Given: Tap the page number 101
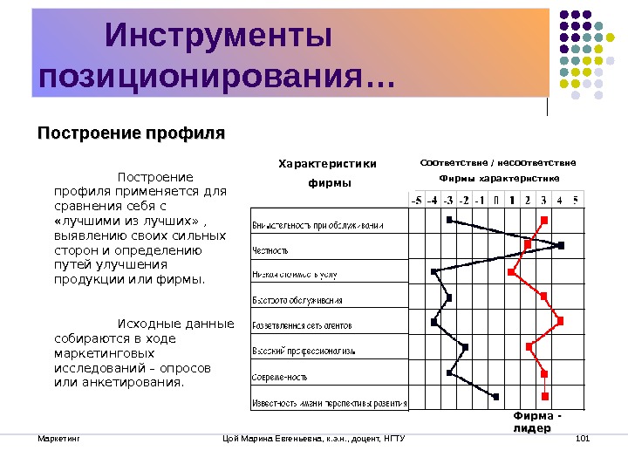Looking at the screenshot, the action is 584,437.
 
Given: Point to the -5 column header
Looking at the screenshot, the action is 417,199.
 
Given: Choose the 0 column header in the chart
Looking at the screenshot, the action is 495,199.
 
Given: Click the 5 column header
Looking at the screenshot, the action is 575,199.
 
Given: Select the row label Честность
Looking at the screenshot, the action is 270,249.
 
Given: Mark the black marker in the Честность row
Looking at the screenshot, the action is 561,246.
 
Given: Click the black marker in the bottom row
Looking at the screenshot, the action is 495,397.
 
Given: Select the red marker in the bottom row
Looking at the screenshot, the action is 544,397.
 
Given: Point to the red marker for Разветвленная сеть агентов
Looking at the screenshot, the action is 560,321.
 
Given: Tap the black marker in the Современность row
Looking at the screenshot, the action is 449,372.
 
